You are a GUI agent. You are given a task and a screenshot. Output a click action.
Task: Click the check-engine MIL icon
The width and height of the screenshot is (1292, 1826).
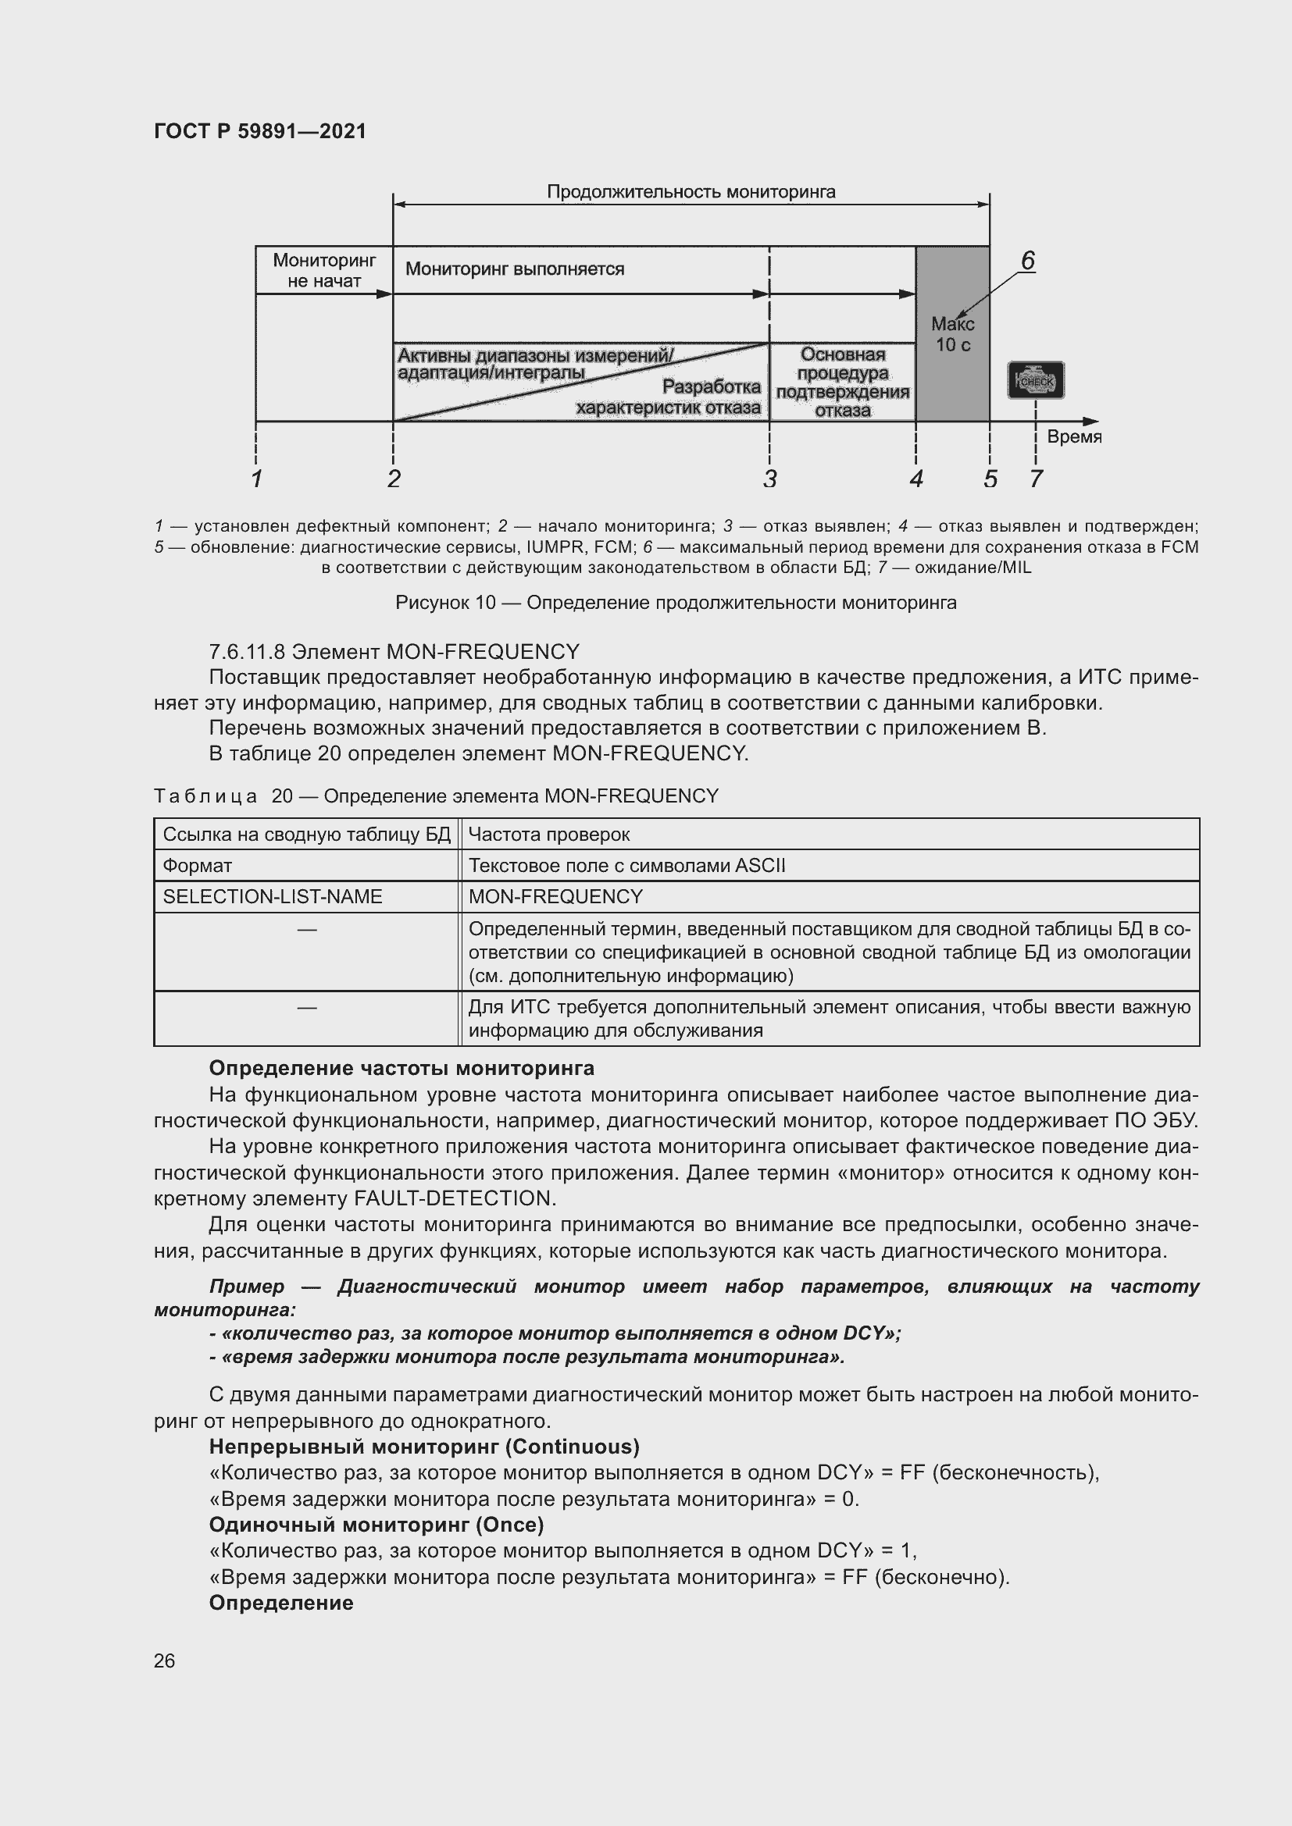[1035, 381]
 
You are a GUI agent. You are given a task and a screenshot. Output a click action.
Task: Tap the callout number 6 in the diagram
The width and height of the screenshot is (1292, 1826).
[1027, 261]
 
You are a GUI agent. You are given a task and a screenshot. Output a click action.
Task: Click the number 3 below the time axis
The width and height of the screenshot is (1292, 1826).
[769, 479]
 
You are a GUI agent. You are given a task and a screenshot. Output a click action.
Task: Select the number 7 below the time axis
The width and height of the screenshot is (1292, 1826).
[1035, 479]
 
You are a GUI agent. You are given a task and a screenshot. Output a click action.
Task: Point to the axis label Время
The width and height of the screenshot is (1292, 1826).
[1073, 436]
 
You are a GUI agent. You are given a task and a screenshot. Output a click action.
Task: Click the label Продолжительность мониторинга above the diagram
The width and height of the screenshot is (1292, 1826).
[691, 192]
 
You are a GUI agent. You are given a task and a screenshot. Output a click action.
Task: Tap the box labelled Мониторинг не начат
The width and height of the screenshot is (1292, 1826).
[324, 270]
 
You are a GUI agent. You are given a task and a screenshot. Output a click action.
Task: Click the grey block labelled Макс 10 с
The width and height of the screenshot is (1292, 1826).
[952, 334]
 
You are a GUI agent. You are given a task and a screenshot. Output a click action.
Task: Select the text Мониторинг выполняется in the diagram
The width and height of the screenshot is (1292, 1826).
[515, 269]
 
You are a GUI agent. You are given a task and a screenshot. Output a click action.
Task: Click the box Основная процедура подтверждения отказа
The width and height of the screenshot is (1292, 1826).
[843, 382]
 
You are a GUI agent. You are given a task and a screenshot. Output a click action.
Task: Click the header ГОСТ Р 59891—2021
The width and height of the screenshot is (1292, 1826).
[260, 131]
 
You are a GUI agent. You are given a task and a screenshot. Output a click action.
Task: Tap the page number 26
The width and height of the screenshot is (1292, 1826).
[164, 1660]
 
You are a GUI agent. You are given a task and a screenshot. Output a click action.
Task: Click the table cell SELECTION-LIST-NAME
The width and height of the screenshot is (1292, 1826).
[272, 896]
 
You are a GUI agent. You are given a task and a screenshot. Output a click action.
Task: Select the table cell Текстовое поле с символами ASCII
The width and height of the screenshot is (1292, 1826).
[626, 865]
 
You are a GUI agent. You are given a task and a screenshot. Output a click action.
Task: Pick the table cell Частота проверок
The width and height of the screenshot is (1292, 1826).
[549, 835]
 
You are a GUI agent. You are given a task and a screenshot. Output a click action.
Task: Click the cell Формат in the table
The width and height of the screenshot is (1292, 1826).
[198, 865]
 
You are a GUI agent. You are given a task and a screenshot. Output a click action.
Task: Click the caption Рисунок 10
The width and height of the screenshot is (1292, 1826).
[445, 603]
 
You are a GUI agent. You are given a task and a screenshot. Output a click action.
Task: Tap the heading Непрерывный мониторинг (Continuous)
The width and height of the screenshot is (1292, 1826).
[424, 1446]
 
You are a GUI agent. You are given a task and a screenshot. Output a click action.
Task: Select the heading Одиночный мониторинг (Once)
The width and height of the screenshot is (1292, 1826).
[377, 1524]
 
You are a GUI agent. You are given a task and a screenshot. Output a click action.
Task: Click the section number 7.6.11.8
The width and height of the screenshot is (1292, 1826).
[247, 652]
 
